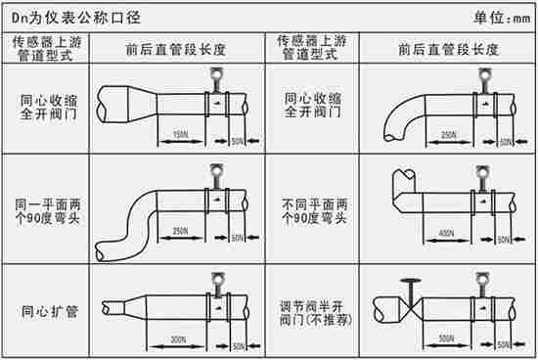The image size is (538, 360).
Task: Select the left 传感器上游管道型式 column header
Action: (44, 49)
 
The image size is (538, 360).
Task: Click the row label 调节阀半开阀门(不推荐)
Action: (314, 313)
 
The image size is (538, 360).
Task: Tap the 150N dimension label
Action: (178, 134)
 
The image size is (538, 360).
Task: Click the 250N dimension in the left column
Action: (180, 232)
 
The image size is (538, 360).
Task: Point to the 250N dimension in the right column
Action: (449, 134)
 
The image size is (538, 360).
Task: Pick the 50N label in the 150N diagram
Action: (237, 142)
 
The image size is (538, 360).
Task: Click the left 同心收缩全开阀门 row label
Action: (46, 107)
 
